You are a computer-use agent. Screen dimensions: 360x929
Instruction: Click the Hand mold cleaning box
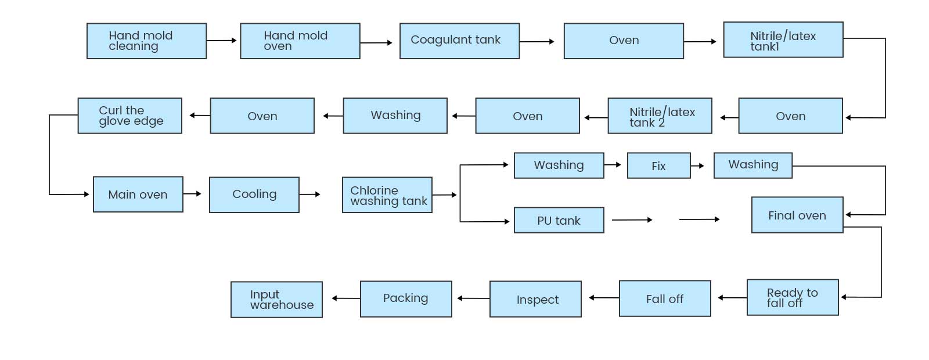(x=146, y=41)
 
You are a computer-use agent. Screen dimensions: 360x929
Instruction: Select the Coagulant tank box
(x=459, y=41)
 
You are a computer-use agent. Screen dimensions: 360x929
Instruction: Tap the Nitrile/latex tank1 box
(x=783, y=39)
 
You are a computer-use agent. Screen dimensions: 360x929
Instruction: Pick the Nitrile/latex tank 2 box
(x=660, y=116)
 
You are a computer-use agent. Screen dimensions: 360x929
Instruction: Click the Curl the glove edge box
(x=129, y=116)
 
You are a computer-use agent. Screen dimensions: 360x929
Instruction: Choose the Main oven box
(x=138, y=194)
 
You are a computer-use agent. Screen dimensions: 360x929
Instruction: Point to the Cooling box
(x=254, y=195)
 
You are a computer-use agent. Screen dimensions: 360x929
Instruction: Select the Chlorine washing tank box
(x=387, y=195)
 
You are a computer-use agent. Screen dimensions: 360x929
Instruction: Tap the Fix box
(x=658, y=165)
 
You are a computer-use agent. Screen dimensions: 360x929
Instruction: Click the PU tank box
(x=559, y=220)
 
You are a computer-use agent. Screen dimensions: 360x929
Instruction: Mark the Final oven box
(x=797, y=215)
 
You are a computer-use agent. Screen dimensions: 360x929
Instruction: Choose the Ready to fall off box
(x=792, y=297)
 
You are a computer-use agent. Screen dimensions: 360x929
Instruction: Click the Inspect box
(x=535, y=299)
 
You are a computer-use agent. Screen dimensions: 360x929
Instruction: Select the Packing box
(x=406, y=298)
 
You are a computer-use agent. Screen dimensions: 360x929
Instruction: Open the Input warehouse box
(x=276, y=299)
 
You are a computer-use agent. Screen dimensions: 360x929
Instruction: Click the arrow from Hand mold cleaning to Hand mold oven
(x=221, y=41)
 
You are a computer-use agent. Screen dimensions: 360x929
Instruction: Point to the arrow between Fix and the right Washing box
(x=697, y=166)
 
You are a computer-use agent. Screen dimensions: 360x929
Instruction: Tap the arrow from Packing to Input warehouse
(x=346, y=298)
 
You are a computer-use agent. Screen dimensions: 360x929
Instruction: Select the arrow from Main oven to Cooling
(x=192, y=193)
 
